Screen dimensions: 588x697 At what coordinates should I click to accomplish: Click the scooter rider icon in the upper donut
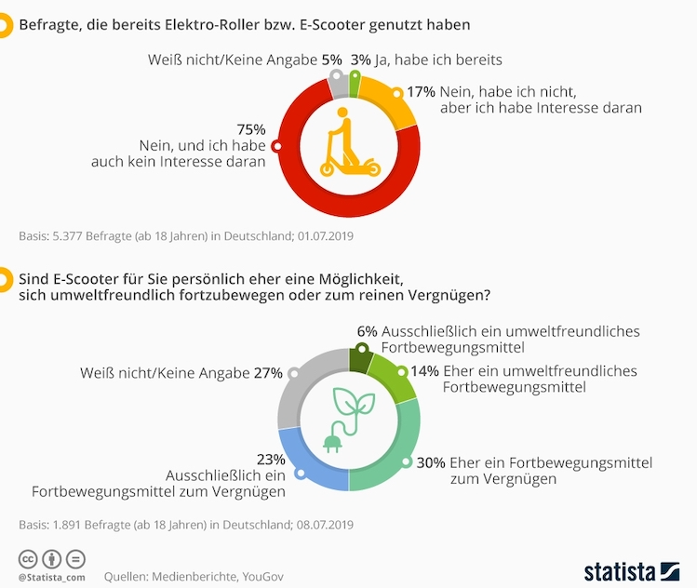[348, 143]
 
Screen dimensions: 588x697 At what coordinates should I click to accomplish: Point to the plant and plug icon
[349, 419]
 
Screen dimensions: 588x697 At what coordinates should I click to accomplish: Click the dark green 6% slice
[360, 358]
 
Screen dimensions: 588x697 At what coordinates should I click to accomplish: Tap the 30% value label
[431, 462]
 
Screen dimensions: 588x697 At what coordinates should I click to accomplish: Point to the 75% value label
[251, 129]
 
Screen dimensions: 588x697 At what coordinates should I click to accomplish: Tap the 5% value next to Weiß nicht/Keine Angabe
[330, 60]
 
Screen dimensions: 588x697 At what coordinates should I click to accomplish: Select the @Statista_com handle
[52, 578]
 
